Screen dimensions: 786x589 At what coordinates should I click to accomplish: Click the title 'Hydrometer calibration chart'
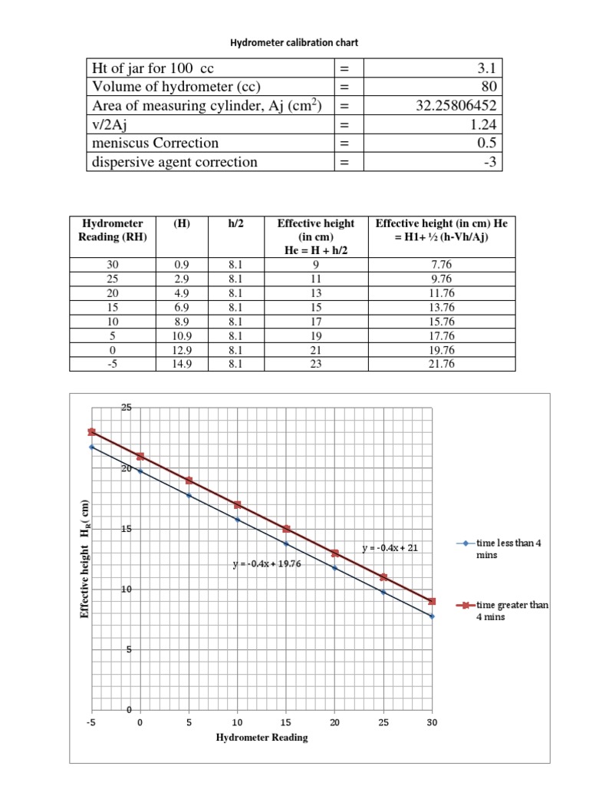(x=294, y=43)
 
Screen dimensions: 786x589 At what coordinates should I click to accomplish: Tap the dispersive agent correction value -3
(x=492, y=161)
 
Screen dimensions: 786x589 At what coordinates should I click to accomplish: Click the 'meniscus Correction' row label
(x=154, y=143)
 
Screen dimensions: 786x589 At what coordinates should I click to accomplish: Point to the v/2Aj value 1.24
(x=484, y=124)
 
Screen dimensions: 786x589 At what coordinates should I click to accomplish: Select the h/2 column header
(x=235, y=223)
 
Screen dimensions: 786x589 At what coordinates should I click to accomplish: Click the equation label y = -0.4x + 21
(x=390, y=548)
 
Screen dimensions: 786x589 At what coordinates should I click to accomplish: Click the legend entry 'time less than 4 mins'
(x=505, y=548)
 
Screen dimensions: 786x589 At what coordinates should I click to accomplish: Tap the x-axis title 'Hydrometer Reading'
(x=262, y=738)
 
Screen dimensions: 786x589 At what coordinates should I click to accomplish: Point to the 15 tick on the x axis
(x=286, y=722)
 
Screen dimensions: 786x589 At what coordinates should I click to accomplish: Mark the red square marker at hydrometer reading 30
(x=432, y=601)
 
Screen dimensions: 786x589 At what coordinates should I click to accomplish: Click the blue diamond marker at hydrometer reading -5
(x=91, y=447)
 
